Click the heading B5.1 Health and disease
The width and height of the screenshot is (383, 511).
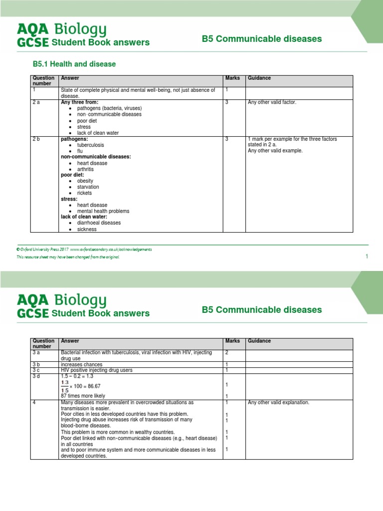tap(74, 64)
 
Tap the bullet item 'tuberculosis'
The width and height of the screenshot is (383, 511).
tap(92, 145)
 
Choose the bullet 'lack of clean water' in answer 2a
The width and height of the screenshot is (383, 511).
tap(98, 133)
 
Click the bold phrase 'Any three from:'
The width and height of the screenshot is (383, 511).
tap(79, 102)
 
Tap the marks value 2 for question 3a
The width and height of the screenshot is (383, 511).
tap(226, 352)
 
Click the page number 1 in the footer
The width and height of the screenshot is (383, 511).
tap(367, 256)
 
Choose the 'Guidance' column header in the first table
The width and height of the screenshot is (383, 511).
tap(259, 78)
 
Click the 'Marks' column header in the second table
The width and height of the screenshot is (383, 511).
tap(232, 341)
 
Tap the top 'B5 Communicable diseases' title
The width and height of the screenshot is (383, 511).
tap(262, 39)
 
